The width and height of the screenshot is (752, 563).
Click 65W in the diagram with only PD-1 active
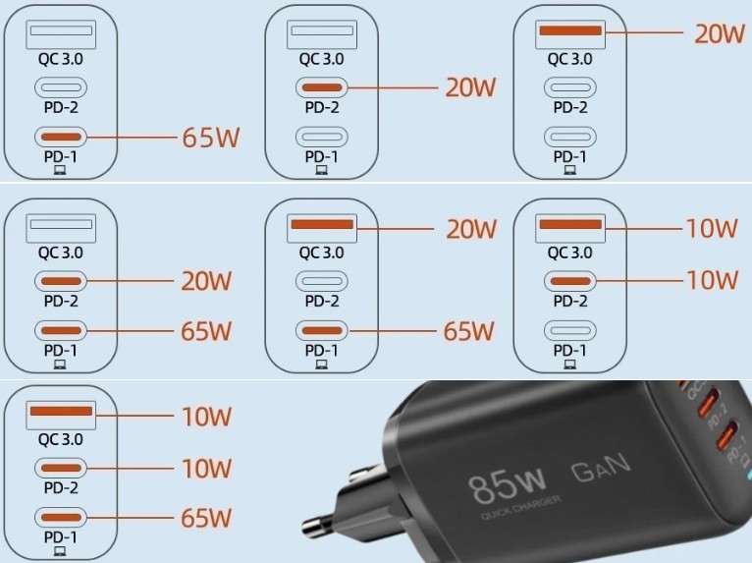[x=210, y=137]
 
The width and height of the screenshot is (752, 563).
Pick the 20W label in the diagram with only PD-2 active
[x=470, y=87]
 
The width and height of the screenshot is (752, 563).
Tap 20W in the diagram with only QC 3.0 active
[x=720, y=34]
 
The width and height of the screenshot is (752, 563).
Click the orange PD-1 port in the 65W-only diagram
[x=61, y=137]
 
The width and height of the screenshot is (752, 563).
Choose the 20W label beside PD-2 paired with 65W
[x=206, y=282]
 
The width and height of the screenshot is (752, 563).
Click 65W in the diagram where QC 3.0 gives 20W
[x=470, y=331]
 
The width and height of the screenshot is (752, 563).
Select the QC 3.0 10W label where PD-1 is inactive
[x=712, y=229]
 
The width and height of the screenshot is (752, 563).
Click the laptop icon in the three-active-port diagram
[x=60, y=551]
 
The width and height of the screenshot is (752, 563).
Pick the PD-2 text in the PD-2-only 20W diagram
[x=321, y=107]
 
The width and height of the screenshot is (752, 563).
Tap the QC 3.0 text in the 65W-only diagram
[x=60, y=59]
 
